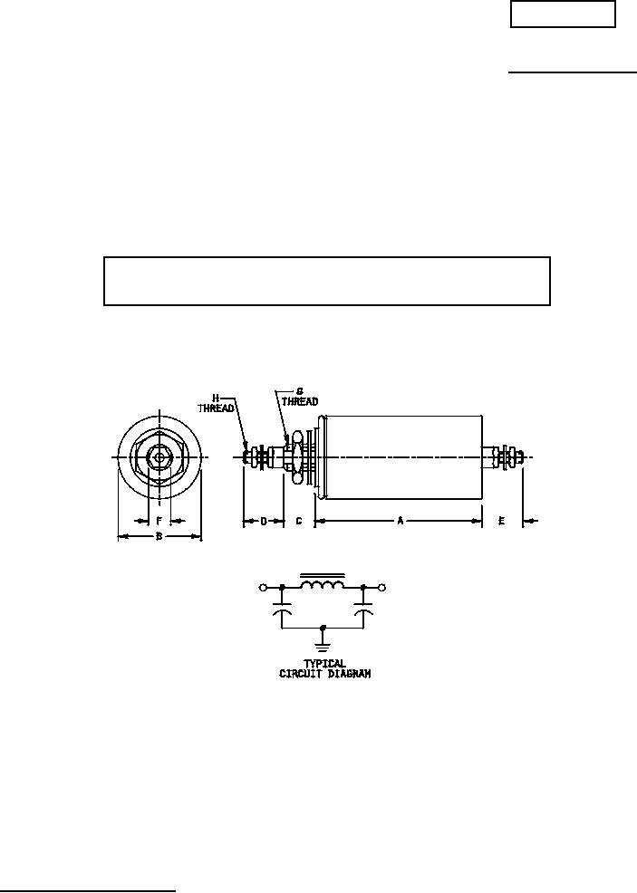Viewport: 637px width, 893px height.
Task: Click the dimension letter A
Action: coord(401,521)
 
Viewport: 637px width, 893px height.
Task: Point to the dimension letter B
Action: coord(159,536)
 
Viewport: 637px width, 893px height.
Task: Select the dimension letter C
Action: coord(298,521)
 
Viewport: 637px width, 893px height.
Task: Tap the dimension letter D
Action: coord(264,521)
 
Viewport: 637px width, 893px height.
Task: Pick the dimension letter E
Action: coord(501,521)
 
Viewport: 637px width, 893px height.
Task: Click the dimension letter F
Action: coord(159,521)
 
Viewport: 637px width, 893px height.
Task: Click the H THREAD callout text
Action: coord(216,403)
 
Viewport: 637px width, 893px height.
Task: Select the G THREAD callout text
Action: coord(300,397)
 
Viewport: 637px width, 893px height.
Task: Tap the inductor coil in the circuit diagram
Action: coord(323,585)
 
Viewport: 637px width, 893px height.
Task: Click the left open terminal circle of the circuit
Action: coord(264,588)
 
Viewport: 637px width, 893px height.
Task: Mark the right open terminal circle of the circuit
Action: coord(382,588)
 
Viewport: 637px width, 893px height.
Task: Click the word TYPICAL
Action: coord(324,664)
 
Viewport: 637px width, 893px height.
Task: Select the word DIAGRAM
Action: coord(350,674)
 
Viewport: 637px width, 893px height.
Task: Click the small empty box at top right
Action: coord(563,14)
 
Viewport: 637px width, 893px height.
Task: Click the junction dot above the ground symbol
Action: coord(323,627)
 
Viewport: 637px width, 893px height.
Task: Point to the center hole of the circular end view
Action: coord(159,456)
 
